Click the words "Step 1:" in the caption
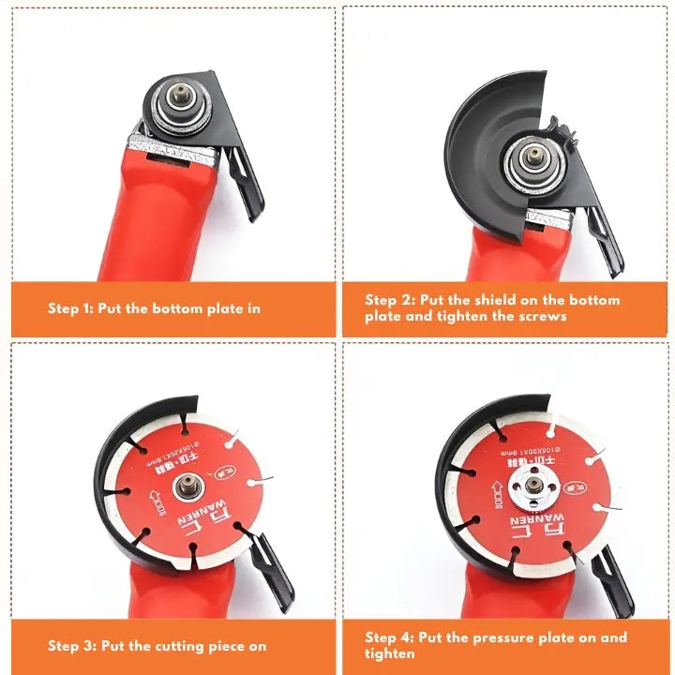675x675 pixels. pyautogui.click(x=72, y=308)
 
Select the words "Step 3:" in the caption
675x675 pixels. pyautogui.click(x=72, y=646)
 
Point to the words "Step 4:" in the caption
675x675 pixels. pyautogui.click(x=390, y=637)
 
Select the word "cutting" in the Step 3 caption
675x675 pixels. pyautogui.click(x=185, y=646)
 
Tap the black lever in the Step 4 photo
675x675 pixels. pyautogui.click(x=614, y=577)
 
